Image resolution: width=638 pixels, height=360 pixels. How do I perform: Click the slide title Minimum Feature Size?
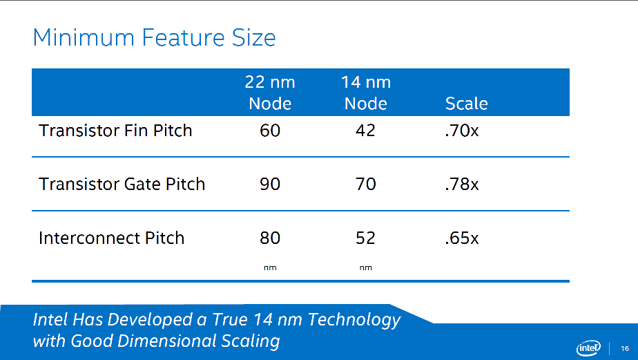pos(154,37)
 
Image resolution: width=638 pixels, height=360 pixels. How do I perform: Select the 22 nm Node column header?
pos(270,93)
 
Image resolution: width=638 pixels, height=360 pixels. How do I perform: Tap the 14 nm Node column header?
pos(366,93)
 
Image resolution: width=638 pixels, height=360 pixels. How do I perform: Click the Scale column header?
pos(466,104)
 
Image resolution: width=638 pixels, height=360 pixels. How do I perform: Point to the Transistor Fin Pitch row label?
pos(115,130)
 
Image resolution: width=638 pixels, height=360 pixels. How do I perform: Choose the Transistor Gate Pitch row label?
pos(122,184)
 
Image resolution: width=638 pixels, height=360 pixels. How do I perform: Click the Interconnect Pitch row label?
pos(112,238)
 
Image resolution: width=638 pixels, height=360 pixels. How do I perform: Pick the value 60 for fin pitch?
pos(270,130)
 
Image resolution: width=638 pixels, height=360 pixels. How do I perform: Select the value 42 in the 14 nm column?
pos(365,130)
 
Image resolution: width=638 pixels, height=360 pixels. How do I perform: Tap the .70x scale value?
pos(462,130)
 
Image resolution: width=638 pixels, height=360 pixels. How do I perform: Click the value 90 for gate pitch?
pos(270,184)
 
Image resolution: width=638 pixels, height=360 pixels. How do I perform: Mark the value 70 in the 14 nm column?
pos(365,184)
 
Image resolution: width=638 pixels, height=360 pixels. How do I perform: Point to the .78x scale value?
pos(462,184)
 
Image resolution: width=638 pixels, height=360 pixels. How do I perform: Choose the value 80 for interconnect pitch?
pos(270,238)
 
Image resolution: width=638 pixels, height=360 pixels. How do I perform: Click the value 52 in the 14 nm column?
pos(365,238)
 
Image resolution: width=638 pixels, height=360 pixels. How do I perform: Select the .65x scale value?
pos(462,238)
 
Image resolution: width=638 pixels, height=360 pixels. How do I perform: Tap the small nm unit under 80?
pos(270,267)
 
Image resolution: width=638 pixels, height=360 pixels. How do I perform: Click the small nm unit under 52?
pos(365,267)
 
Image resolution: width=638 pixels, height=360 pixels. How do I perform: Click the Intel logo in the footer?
pos(589,348)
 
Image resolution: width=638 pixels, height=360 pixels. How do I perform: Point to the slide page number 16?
pos(625,348)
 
